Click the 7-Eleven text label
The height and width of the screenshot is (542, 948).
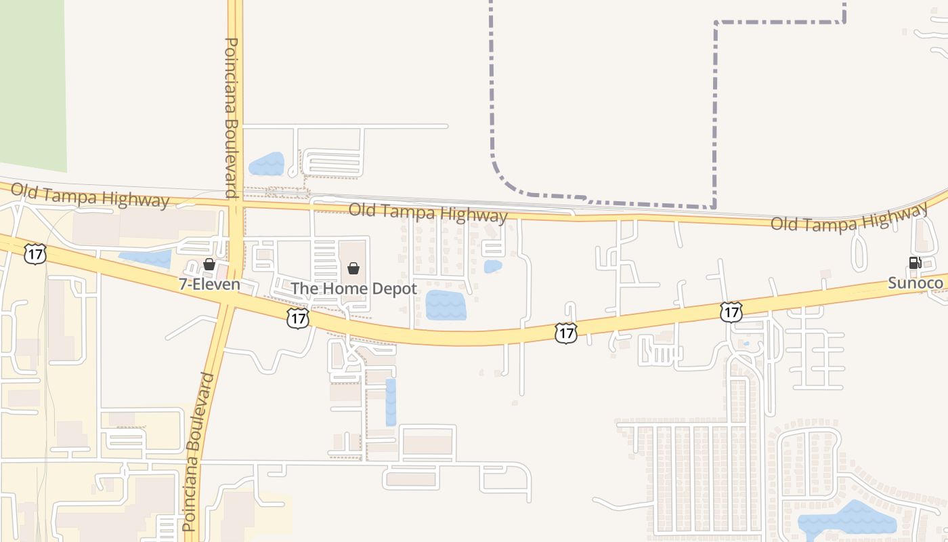click(x=209, y=284)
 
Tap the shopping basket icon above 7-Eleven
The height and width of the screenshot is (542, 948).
click(x=209, y=264)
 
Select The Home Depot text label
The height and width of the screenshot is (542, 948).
click(x=353, y=289)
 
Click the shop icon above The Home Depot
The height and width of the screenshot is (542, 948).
click(x=353, y=268)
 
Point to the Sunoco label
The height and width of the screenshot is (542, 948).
click(x=915, y=283)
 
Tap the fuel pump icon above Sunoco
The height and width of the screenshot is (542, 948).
click(x=915, y=263)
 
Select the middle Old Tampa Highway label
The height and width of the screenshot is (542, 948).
click(x=427, y=212)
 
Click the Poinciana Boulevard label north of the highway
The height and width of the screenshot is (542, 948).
click(x=231, y=119)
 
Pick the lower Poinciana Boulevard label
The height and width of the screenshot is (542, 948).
click(x=198, y=451)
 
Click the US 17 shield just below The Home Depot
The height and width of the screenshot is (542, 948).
click(x=297, y=318)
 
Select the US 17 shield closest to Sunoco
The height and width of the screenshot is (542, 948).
click(x=731, y=312)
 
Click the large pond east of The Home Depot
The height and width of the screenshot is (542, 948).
click(x=446, y=305)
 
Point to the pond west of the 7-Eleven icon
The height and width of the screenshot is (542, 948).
click(x=145, y=258)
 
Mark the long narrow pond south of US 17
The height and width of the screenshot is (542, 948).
click(x=391, y=402)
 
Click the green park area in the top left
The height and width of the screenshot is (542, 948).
click(x=33, y=81)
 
